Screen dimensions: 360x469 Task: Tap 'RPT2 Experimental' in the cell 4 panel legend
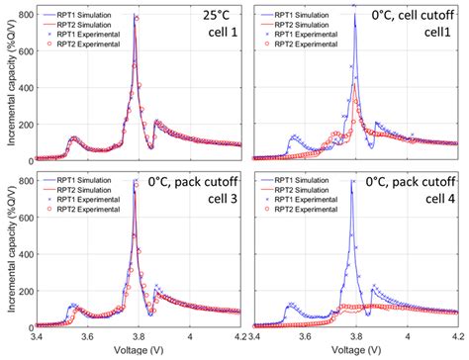309,216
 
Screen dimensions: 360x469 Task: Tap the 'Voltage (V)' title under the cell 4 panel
356,350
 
